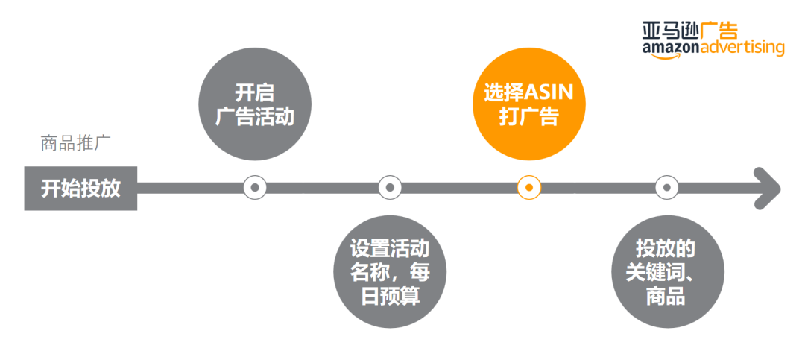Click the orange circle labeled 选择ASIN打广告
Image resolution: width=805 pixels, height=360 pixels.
pyautogui.click(x=528, y=107)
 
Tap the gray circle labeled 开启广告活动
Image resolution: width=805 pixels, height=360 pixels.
pyautogui.click(x=254, y=107)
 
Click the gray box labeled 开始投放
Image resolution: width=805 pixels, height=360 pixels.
pyautogui.click(x=80, y=189)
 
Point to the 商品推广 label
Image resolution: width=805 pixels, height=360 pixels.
pyautogui.click(x=76, y=144)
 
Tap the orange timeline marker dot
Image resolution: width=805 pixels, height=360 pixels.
pyautogui.click(x=528, y=188)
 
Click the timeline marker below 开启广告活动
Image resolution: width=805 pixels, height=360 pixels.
pyautogui.click(x=254, y=188)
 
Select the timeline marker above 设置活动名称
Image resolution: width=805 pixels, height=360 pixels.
pyautogui.click(x=390, y=188)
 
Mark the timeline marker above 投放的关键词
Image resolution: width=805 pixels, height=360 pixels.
pyautogui.click(x=666, y=188)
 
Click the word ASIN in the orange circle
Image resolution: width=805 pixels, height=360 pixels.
pyautogui.click(x=555, y=93)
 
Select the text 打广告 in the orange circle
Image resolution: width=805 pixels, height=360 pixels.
pyautogui.click(x=528, y=118)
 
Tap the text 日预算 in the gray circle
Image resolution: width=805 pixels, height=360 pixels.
pyautogui.click(x=390, y=296)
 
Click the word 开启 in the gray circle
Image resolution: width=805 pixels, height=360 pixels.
pyautogui.click(x=254, y=93)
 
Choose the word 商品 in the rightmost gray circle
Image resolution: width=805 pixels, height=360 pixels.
pyautogui.click(x=665, y=296)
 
